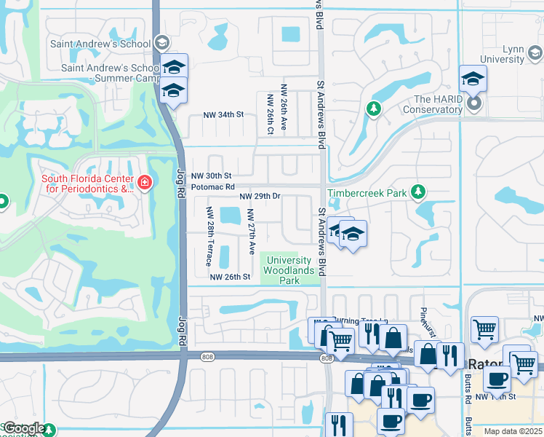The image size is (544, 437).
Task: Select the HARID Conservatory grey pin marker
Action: click(x=474, y=104)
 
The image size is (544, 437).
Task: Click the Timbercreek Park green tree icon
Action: click(x=417, y=192)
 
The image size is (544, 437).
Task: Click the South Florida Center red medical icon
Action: click(x=144, y=181)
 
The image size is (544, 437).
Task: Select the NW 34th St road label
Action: click(x=223, y=115)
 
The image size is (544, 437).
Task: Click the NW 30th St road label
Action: click(x=211, y=176)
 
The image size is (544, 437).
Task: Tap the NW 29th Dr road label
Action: click(x=260, y=197)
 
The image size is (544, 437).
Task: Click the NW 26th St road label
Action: click(x=230, y=277)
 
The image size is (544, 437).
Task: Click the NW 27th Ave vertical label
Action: click(x=251, y=232)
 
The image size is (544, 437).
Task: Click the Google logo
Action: click(x=24, y=429)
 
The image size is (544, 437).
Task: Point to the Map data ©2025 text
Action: click(x=513, y=431)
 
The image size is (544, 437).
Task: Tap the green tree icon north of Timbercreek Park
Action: click(x=373, y=109)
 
